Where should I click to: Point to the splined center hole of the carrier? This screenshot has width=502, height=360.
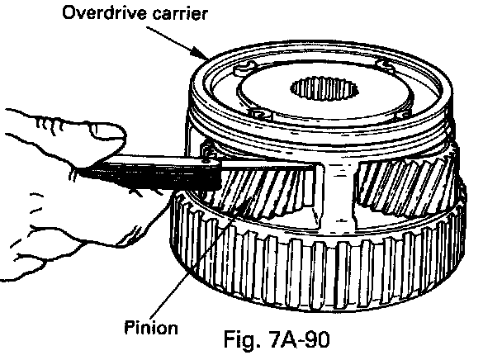point(326,90)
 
